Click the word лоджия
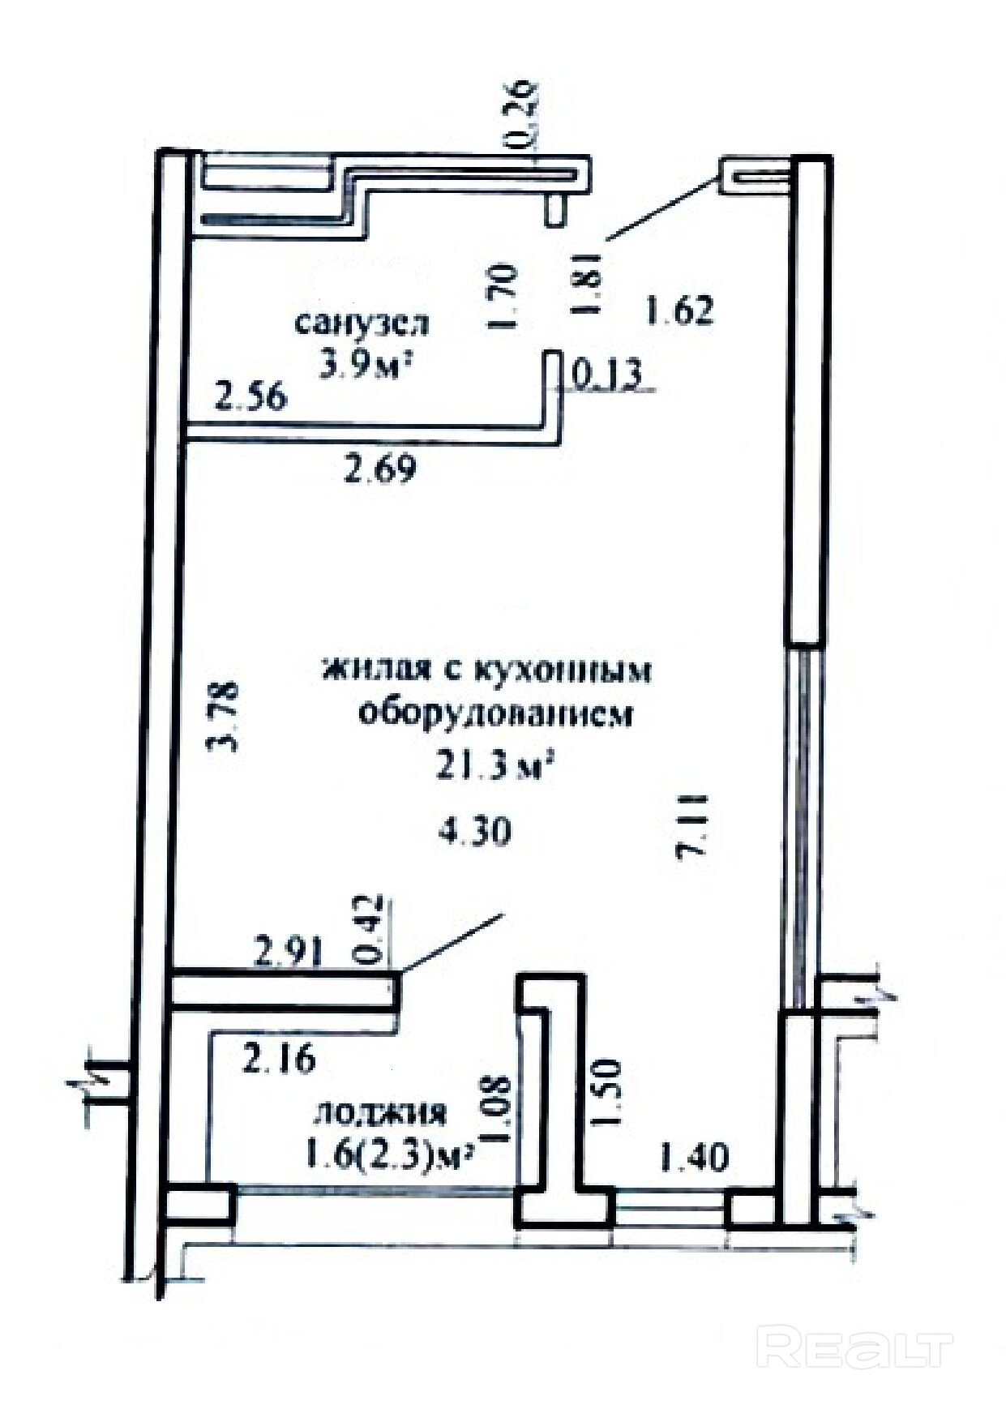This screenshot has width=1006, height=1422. (x=380, y=1112)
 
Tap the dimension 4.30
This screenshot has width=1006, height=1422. (x=476, y=831)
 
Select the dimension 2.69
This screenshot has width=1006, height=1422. (x=380, y=469)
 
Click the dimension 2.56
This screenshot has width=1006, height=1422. (x=250, y=397)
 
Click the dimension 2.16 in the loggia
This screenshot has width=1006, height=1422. (x=278, y=1060)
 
